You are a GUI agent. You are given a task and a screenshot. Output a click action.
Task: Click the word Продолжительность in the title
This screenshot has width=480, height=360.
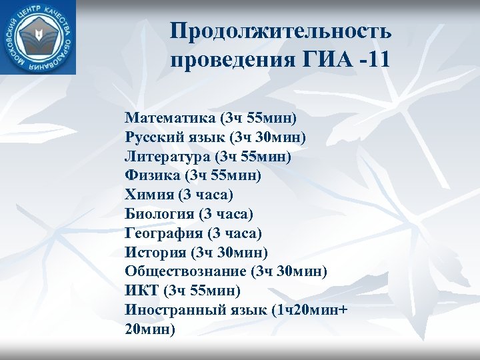tap(281, 31)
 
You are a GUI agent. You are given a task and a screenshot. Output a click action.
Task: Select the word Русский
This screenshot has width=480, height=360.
tap(149, 138)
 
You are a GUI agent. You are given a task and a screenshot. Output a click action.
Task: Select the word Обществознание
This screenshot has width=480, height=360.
tap(185, 271)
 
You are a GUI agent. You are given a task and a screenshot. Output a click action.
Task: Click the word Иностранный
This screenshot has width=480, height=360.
tap(171, 310)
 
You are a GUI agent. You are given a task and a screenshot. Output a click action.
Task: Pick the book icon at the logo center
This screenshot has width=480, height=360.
tap(38, 38)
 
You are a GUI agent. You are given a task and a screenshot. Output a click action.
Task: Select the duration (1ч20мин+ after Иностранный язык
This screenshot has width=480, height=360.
tap(306, 310)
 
